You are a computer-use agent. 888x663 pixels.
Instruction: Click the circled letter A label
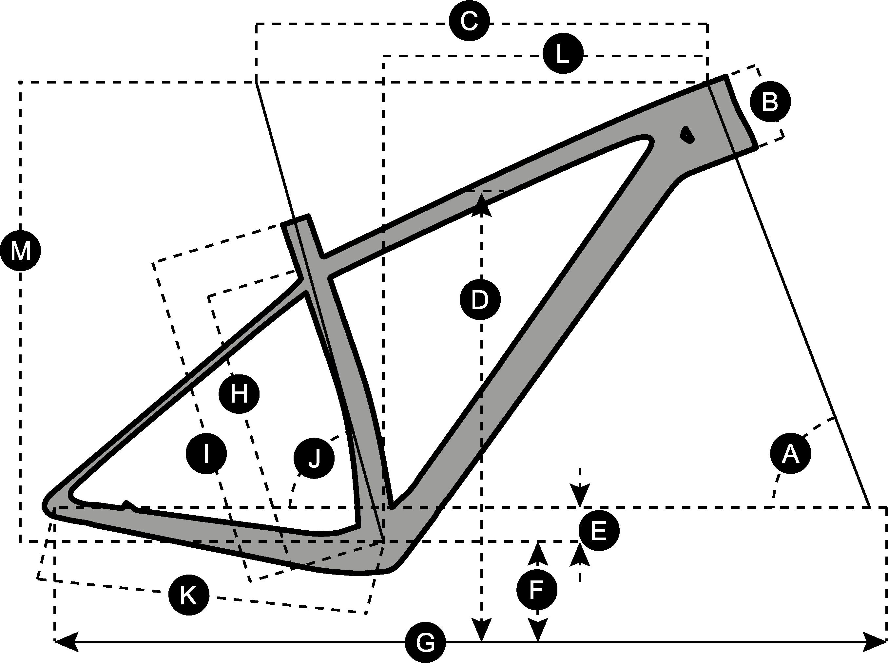click(790, 453)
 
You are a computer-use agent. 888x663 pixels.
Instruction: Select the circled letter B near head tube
click(770, 102)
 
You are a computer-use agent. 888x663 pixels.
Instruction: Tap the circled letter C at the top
click(469, 21)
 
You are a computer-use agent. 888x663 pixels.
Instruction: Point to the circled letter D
click(480, 300)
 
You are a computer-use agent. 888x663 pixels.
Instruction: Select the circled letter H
click(239, 394)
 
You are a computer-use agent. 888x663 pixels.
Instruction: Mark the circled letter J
click(314, 458)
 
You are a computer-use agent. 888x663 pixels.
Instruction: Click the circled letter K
click(189, 595)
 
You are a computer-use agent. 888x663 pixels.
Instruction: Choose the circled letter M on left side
click(20, 252)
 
